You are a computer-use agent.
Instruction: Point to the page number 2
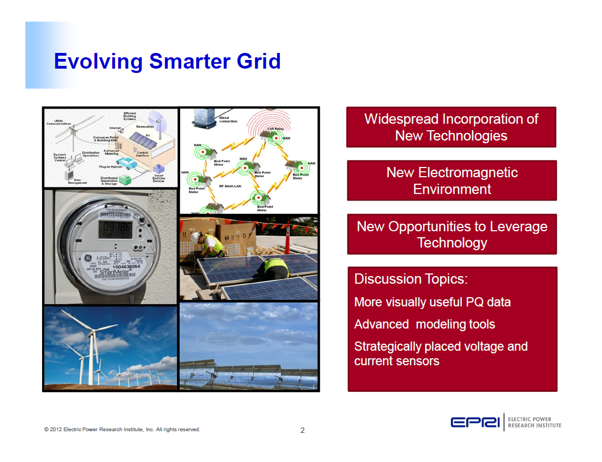[302, 430]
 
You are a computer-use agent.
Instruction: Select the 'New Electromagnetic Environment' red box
[452, 180]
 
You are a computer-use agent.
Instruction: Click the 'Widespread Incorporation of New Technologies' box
[451, 127]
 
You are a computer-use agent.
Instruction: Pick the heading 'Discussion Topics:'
[411, 279]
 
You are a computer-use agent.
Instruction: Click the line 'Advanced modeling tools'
[424, 324]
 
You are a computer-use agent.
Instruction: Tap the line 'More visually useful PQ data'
[432, 302]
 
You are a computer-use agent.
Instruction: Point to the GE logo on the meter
[87, 259]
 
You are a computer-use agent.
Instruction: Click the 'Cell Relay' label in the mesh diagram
[275, 129]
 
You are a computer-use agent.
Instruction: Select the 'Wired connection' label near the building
[228, 119]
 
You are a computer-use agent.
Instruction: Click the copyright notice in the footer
[122, 430]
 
